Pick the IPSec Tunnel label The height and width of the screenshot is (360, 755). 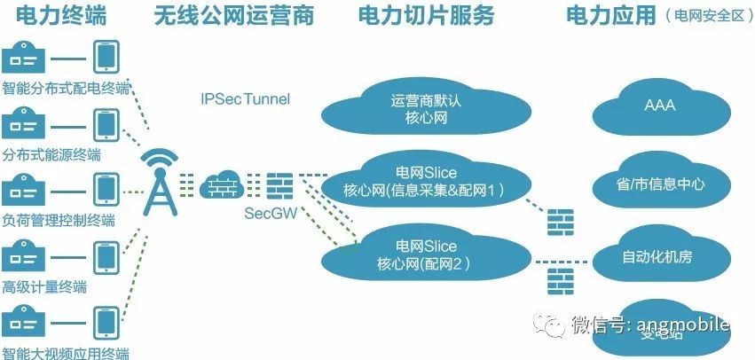246,98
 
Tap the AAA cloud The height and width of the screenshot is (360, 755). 658,106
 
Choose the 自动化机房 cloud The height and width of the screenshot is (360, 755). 659,256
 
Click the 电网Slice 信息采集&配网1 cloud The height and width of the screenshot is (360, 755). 423,180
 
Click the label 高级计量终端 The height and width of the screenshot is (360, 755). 44,286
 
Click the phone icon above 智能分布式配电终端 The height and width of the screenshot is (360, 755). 106,58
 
